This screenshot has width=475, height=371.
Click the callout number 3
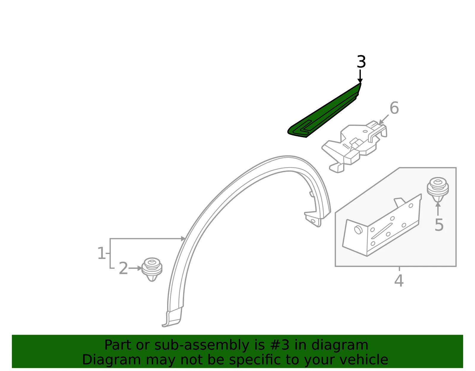[x=361, y=62]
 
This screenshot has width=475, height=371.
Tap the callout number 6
[x=394, y=108]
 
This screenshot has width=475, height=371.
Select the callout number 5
[x=439, y=225]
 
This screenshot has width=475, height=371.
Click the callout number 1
[x=101, y=253]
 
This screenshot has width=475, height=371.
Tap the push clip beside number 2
[x=152, y=269]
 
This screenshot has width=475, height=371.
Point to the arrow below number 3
[x=360, y=77]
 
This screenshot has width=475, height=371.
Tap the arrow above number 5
[x=438, y=209]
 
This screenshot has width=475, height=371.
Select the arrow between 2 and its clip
[x=135, y=268]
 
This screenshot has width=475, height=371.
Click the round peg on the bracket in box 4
[x=358, y=230]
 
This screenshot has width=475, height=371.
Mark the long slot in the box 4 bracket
[x=381, y=231]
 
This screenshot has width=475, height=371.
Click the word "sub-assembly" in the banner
[x=202, y=345]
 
